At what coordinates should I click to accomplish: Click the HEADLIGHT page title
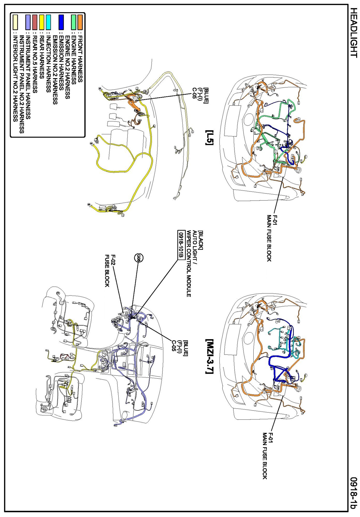coord(354,33)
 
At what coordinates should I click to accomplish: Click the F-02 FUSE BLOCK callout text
coord(110,271)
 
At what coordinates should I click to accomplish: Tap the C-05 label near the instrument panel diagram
coord(174,346)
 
